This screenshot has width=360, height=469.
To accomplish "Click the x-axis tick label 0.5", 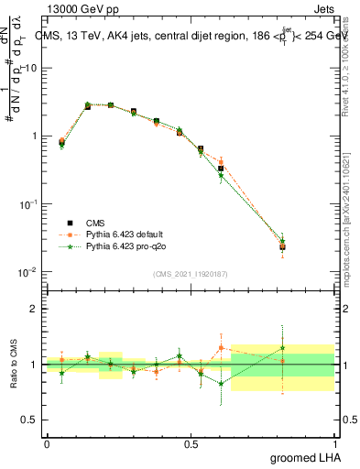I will [x=191, y=444].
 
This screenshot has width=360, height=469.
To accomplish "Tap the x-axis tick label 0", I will [x=47, y=444].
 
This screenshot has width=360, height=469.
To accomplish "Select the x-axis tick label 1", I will [x=334, y=444].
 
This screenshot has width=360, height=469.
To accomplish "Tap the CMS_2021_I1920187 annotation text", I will [x=190, y=273].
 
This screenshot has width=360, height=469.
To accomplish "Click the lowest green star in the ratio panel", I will [x=221, y=385].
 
